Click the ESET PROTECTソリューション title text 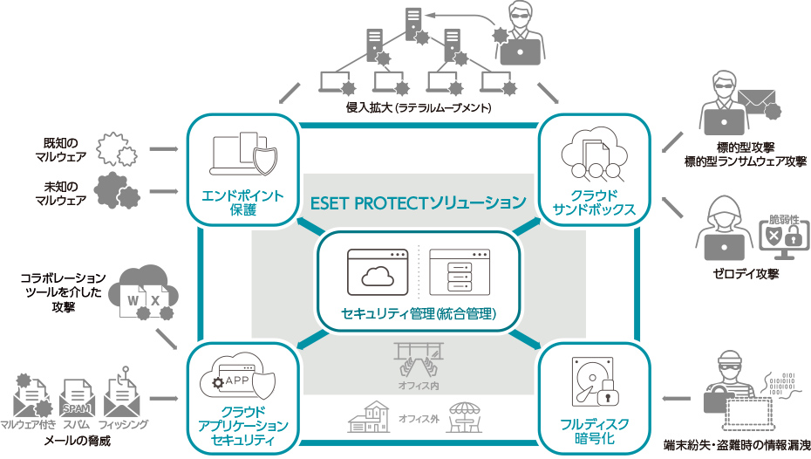(x=419, y=203)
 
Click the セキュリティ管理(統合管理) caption (x=419, y=313)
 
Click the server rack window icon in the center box (x=460, y=272)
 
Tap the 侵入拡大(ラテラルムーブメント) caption (x=419, y=108)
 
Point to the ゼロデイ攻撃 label (x=745, y=273)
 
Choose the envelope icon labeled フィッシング (x=122, y=398)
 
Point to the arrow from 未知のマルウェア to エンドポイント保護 (x=164, y=193)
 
